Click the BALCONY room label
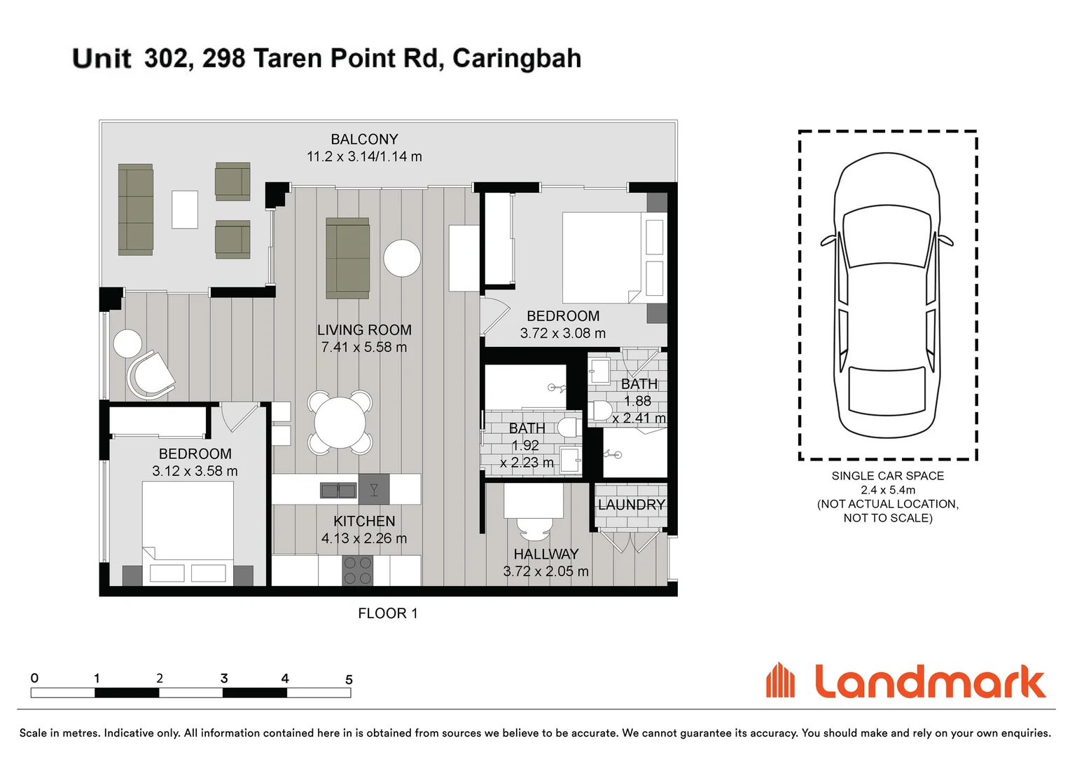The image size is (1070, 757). click(364, 139)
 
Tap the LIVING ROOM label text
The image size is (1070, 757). click(364, 330)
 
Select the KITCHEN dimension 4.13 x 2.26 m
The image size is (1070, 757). click(364, 538)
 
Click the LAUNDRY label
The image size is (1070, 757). click(631, 505)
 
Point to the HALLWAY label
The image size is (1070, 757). click(546, 554)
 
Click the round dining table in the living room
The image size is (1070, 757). click(340, 423)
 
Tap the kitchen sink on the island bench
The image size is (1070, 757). click(338, 490)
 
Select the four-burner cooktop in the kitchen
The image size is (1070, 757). click(357, 571)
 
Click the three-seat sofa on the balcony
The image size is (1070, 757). click(135, 210)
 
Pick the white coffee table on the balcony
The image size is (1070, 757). click(185, 210)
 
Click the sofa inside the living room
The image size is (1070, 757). click(347, 258)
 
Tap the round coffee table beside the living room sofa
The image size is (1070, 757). click(402, 258)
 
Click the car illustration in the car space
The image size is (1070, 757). click(887, 294)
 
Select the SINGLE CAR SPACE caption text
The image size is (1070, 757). click(887, 476)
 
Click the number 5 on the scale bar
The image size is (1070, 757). click(349, 679)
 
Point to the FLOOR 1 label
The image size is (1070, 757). click(387, 613)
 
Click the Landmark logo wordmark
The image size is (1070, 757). click(929, 682)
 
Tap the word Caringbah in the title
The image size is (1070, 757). click(517, 58)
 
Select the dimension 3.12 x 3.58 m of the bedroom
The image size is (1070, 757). click(195, 471)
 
